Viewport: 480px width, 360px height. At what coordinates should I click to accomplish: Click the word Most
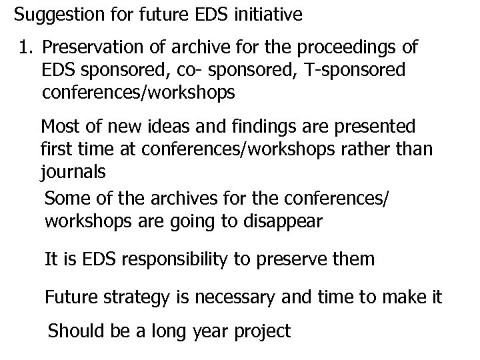coord(59,126)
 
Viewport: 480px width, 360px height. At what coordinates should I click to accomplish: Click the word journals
coord(73,171)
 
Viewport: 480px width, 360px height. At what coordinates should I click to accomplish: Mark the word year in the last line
coord(205,331)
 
